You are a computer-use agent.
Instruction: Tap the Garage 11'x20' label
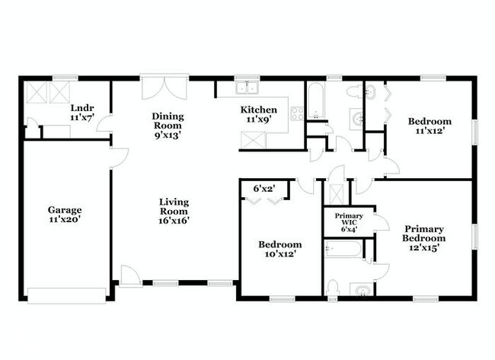(65, 214)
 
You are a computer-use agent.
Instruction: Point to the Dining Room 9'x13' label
(168, 122)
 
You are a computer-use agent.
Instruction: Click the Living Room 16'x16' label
(174, 211)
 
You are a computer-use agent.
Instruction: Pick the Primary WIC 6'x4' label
(349, 221)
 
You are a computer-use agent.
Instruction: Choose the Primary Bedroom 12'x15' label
(424, 237)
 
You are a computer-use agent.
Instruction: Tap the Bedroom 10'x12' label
(279, 249)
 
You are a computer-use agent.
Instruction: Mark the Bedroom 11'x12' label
(429, 125)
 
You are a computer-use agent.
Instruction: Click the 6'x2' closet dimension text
(264, 186)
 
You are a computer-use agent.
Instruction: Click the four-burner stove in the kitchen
(297, 114)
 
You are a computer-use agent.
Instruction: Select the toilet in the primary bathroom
(332, 288)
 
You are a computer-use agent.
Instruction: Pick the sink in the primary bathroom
(361, 290)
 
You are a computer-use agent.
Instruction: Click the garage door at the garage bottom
(66, 294)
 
